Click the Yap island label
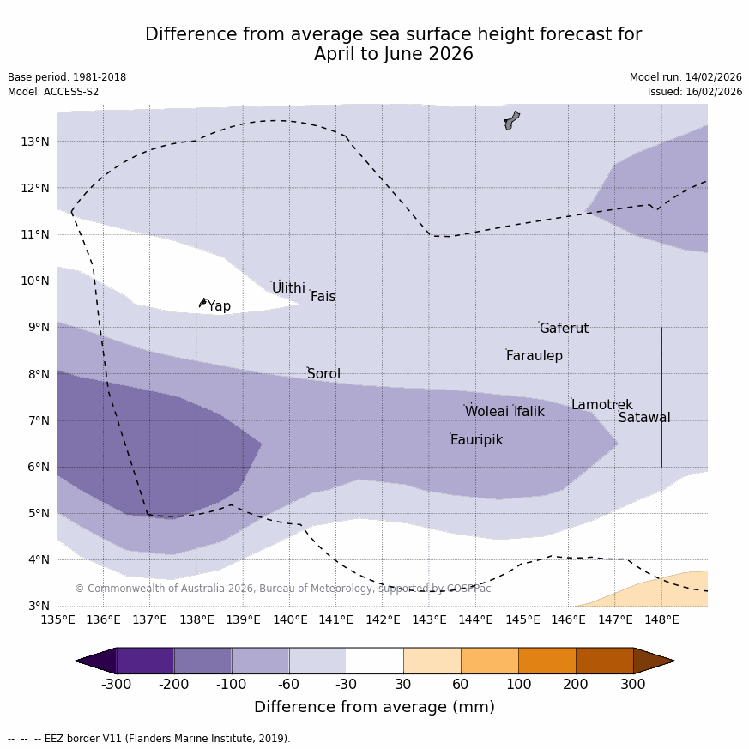(x=219, y=306)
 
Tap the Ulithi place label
(x=288, y=288)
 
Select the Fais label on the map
(x=323, y=297)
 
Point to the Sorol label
(x=323, y=374)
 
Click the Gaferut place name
(x=564, y=329)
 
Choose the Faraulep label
(x=534, y=356)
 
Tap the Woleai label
(x=486, y=412)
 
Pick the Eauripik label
(x=476, y=440)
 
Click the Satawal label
(x=644, y=418)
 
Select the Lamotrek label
(x=601, y=405)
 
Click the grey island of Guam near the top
(x=511, y=120)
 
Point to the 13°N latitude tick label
(x=34, y=142)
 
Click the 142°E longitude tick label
(x=383, y=619)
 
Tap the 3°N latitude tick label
(x=38, y=606)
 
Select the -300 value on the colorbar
(x=117, y=684)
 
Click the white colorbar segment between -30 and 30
(x=375, y=661)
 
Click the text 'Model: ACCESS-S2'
(x=53, y=92)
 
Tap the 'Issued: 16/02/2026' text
(x=695, y=92)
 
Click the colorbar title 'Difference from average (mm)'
(x=374, y=707)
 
